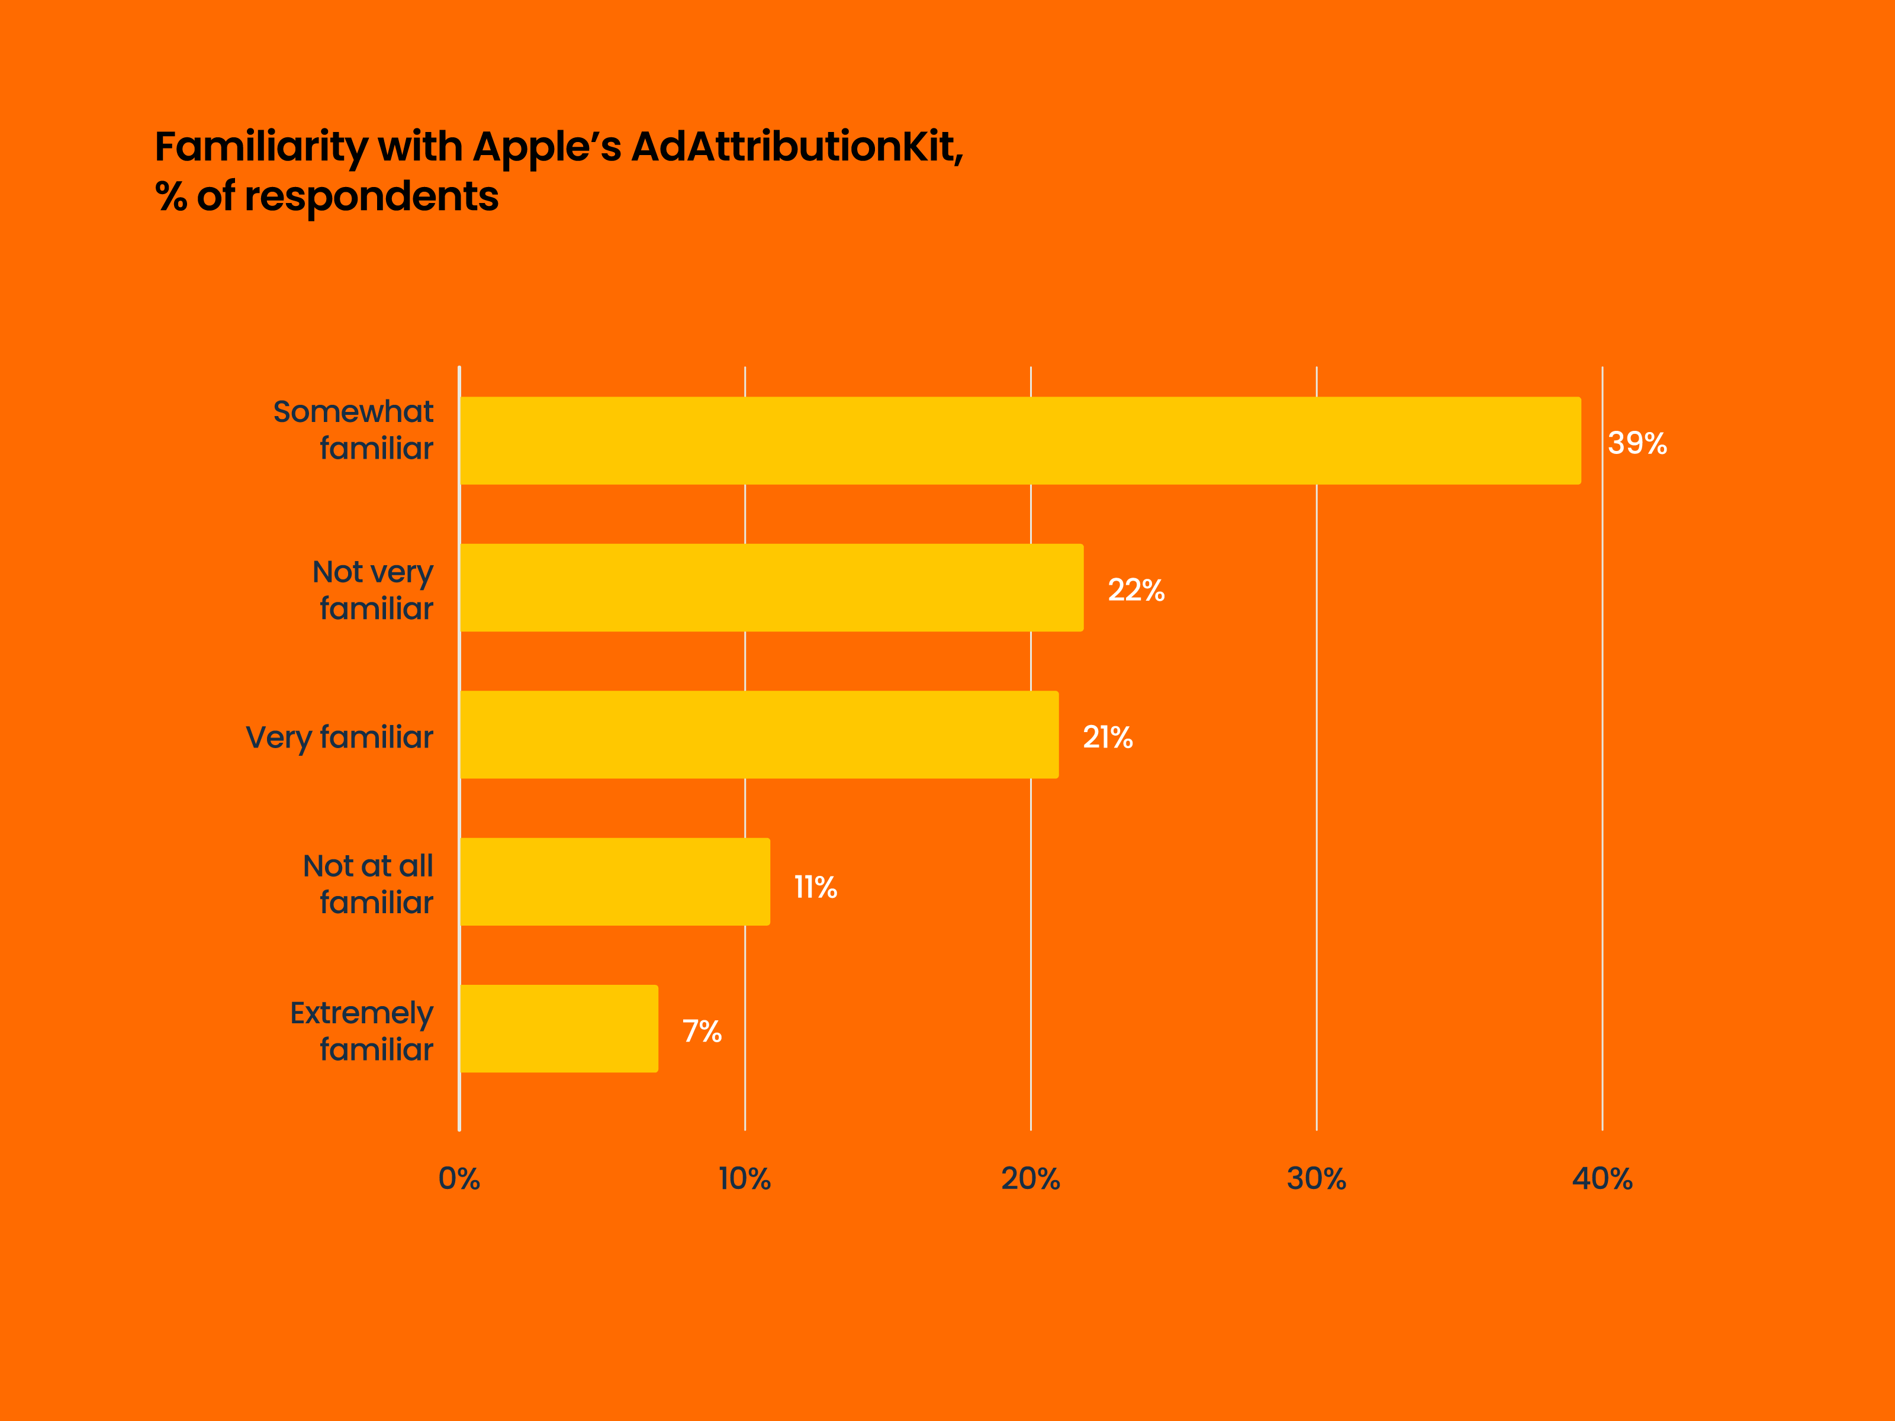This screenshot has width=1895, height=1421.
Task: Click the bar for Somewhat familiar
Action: [1019, 440]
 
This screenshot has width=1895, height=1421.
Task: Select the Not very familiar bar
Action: [771, 588]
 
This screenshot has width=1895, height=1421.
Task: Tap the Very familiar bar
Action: [759, 735]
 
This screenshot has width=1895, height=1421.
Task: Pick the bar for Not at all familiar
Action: [614, 881]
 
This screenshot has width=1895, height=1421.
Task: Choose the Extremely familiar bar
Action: [559, 1029]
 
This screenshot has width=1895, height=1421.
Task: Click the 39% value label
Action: [1637, 443]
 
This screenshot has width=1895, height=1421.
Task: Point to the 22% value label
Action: [1136, 590]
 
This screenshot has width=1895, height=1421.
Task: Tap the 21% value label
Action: [1108, 737]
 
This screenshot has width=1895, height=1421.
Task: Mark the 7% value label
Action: [702, 1031]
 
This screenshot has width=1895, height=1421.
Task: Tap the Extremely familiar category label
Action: [362, 1031]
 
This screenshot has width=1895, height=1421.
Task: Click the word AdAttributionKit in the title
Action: [797, 146]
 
